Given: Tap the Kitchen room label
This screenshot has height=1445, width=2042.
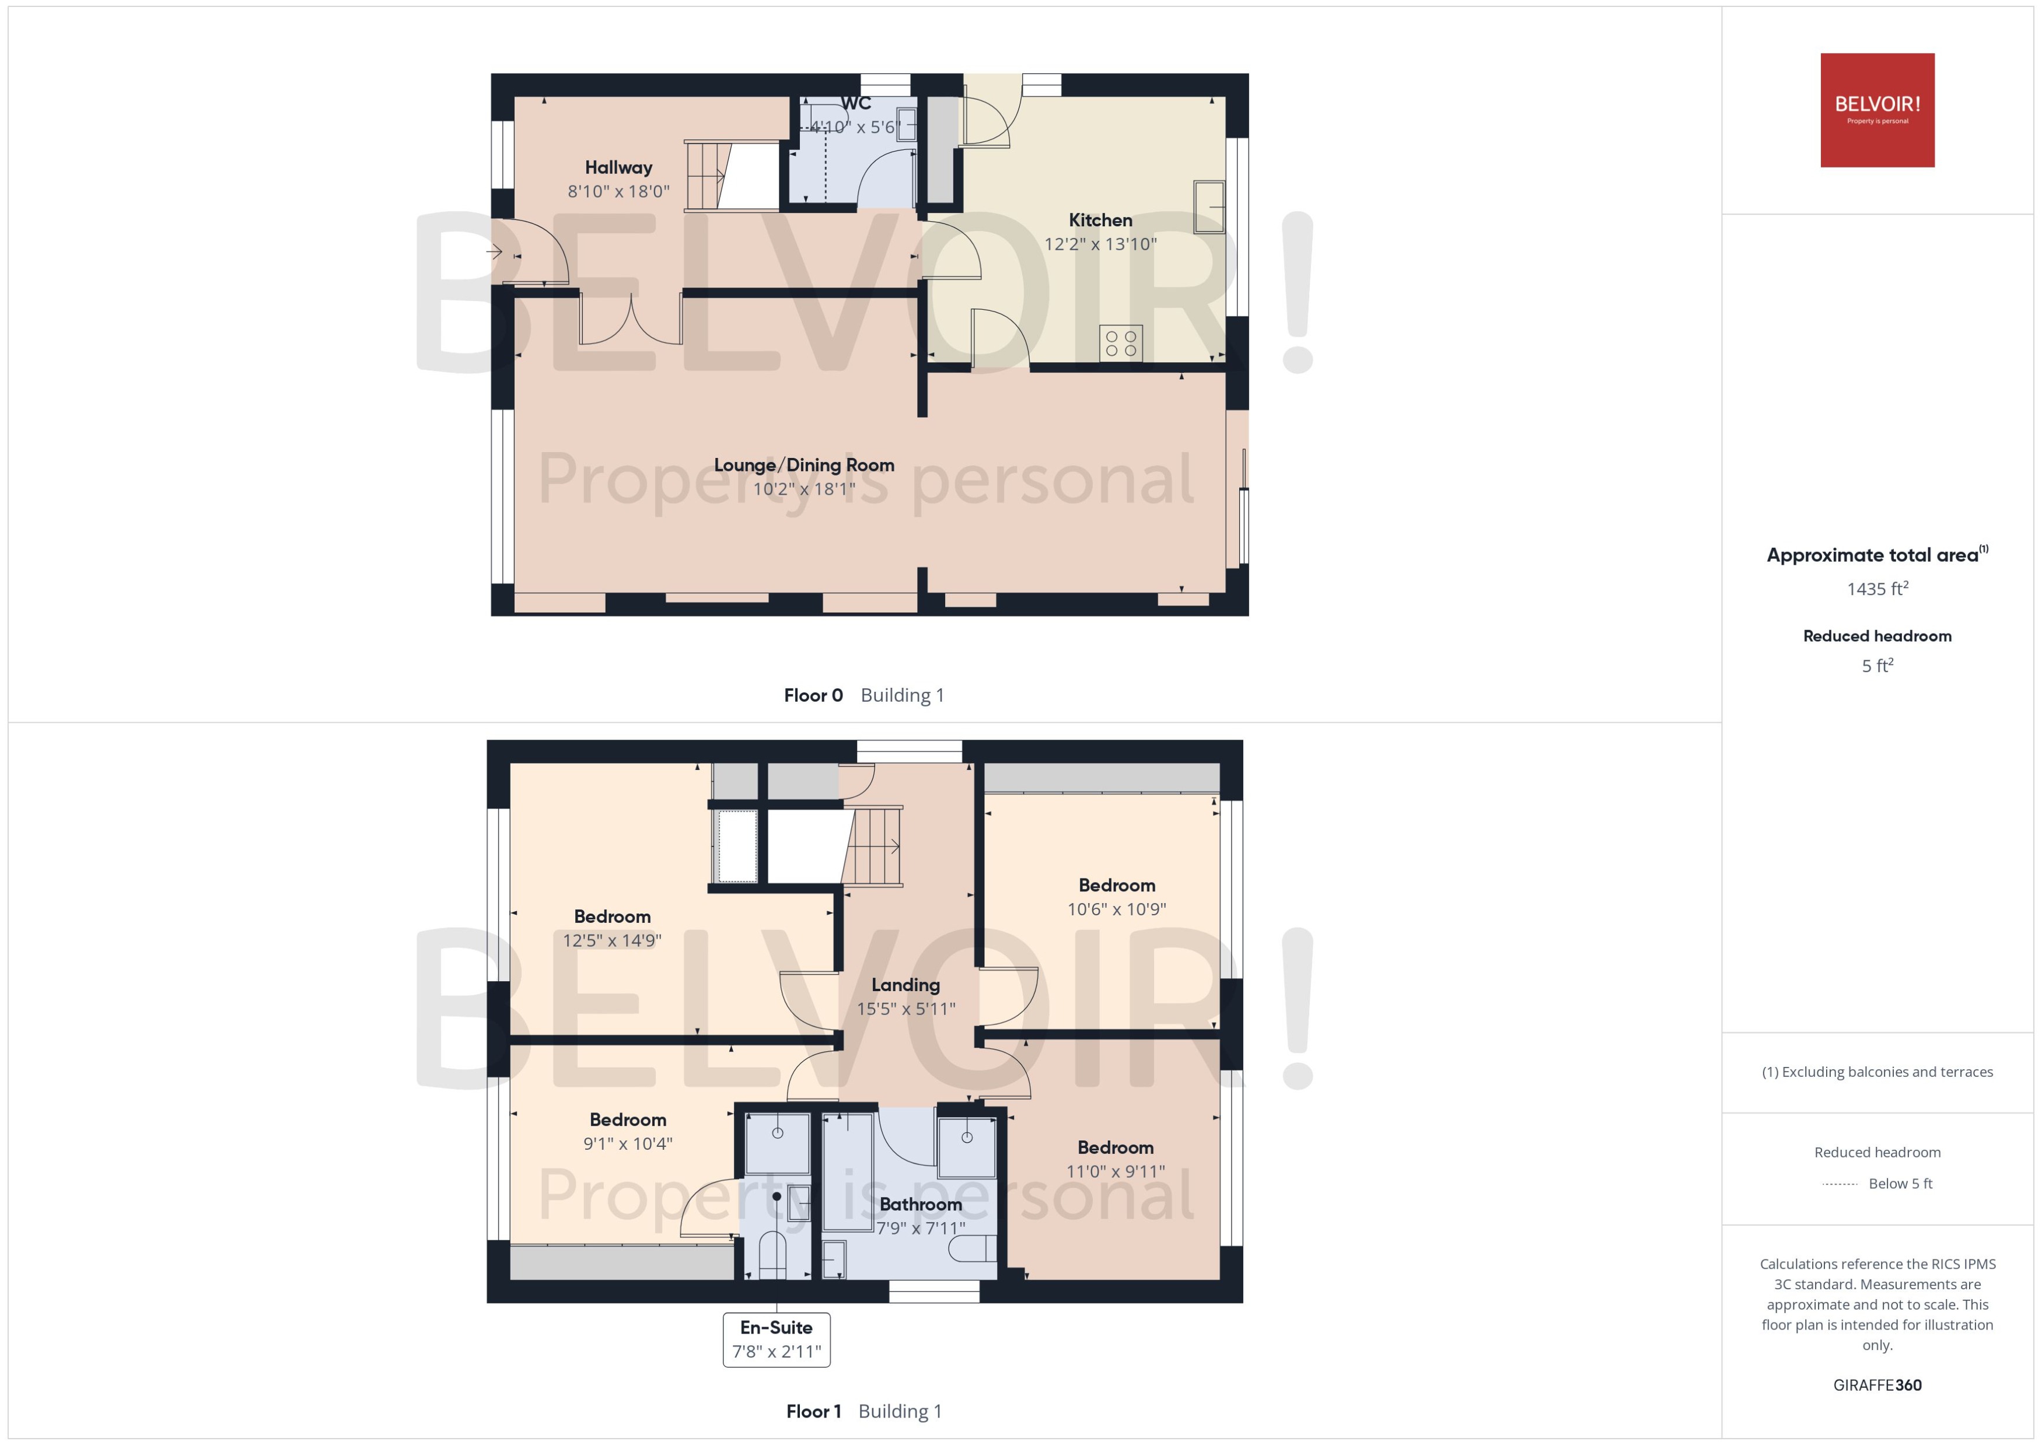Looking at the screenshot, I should [x=1100, y=220].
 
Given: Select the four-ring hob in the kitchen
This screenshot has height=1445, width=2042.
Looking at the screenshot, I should [x=1120, y=344].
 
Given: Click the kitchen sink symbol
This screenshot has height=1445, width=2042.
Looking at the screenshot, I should [x=1208, y=207].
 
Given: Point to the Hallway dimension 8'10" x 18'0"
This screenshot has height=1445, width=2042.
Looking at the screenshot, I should [x=618, y=191].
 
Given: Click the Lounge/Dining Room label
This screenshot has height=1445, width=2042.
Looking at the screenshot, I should [x=803, y=464].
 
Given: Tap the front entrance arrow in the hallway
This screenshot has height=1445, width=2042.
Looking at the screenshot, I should [x=495, y=253].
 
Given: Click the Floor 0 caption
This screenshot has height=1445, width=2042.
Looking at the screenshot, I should [x=812, y=695].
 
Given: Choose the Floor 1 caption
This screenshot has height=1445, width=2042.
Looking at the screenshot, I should [x=812, y=1411].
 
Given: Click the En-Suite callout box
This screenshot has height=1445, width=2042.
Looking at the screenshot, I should [x=776, y=1339].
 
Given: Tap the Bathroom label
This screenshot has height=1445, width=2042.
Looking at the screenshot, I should [x=920, y=1204].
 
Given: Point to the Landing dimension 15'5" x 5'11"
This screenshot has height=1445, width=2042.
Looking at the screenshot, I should [x=906, y=1008].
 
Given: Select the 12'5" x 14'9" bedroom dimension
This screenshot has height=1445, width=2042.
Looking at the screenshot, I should [x=611, y=940].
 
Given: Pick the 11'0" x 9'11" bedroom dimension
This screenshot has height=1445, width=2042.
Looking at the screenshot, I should [x=1115, y=1171].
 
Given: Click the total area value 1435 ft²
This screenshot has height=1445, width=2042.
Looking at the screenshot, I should [x=1876, y=589].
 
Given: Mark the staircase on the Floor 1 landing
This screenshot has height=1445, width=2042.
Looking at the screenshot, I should [x=872, y=845].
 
